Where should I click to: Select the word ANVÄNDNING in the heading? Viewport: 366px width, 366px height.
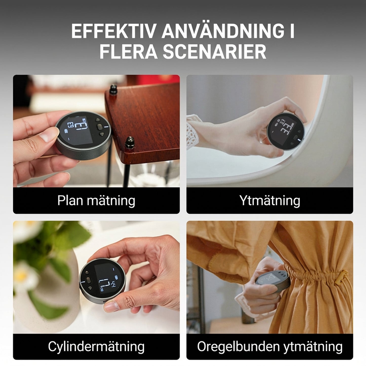[x=222, y=31]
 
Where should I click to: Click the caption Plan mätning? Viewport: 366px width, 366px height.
[x=96, y=201]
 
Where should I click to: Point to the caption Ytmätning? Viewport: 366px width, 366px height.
[x=270, y=201]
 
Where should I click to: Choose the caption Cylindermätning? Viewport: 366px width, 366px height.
[x=96, y=346]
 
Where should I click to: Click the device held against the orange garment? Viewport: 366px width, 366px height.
[x=272, y=280]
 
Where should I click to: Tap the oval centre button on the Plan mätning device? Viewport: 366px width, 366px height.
[x=99, y=126]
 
